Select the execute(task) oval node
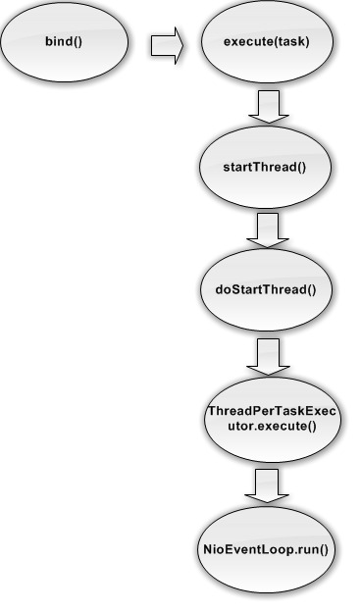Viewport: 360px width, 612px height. (x=267, y=43)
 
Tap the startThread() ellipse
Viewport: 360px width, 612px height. (x=267, y=167)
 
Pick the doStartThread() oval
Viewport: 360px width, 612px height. (x=267, y=289)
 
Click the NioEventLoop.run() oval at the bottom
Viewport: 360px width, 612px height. (x=267, y=549)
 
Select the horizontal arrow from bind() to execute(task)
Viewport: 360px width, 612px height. (x=167, y=44)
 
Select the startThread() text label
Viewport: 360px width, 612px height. (x=267, y=167)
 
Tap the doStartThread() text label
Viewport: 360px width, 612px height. (x=267, y=289)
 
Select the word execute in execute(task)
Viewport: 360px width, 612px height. (x=248, y=43)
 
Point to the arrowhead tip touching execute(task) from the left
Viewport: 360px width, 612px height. (x=183, y=44)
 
